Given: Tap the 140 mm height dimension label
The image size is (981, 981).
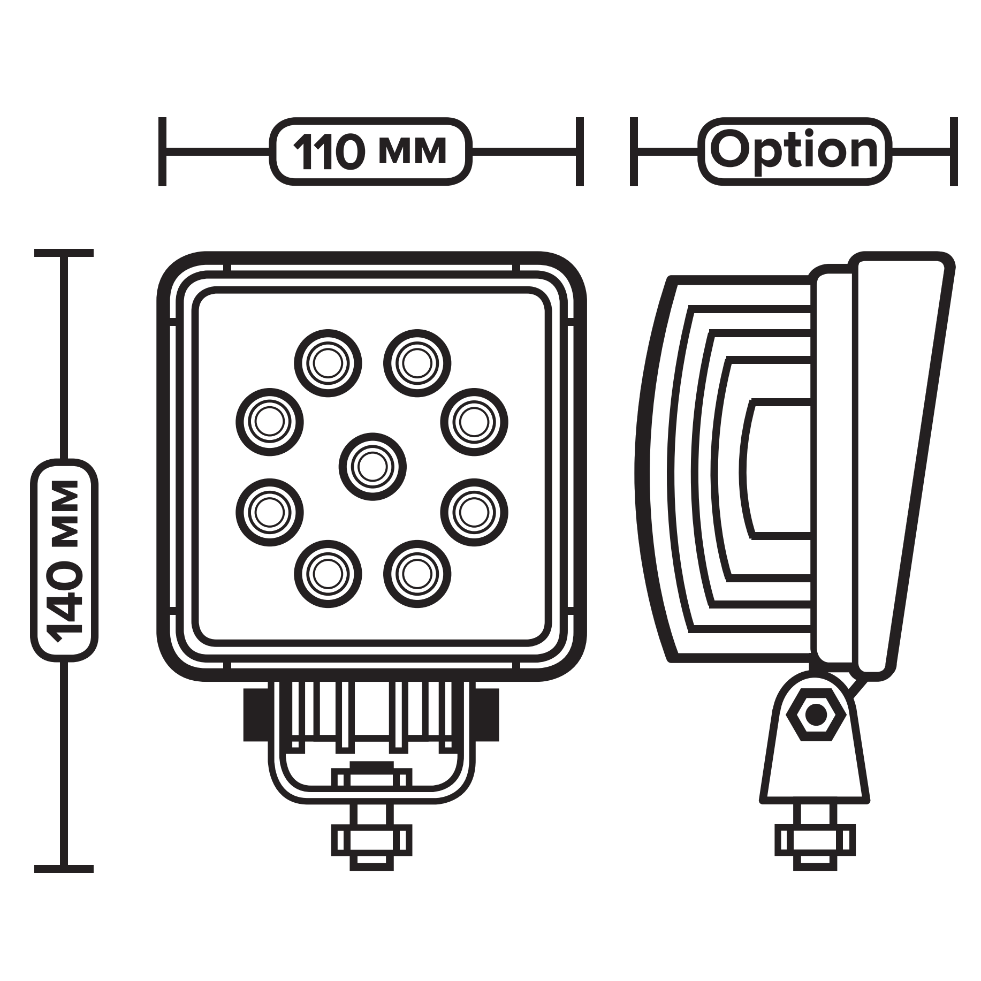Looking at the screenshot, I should pyautogui.click(x=64, y=560).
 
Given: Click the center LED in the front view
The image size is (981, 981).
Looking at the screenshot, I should pyautogui.click(x=372, y=467).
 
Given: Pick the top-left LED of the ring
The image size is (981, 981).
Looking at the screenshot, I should pyautogui.click(x=328, y=363).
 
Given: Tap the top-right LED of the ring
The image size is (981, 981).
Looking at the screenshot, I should pyautogui.click(x=417, y=363).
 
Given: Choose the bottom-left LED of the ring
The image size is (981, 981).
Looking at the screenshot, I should pyautogui.click(x=328, y=574).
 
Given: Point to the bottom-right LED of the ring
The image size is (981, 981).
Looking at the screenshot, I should pyautogui.click(x=417, y=574).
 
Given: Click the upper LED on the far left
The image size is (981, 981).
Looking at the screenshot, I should pyautogui.click(x=270, y=422).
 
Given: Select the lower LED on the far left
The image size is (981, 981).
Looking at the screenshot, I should pyautogui.click(x=270, y=513).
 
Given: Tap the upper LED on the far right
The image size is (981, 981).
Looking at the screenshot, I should pyautogui.click(x=474, y=422).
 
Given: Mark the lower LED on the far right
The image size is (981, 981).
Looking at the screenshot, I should pyautogui.click(x=474, y=513).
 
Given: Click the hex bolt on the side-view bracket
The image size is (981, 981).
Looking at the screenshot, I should pyautogui.click(x=815, y=714).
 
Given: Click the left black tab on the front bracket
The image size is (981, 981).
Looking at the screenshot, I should pyautogui.click(x=255, y=715).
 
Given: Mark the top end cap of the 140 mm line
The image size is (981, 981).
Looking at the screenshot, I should pyautogui.click(x=64, y=253).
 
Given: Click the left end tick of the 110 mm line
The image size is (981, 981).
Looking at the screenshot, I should pyautogui.click(x=163, y=152).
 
